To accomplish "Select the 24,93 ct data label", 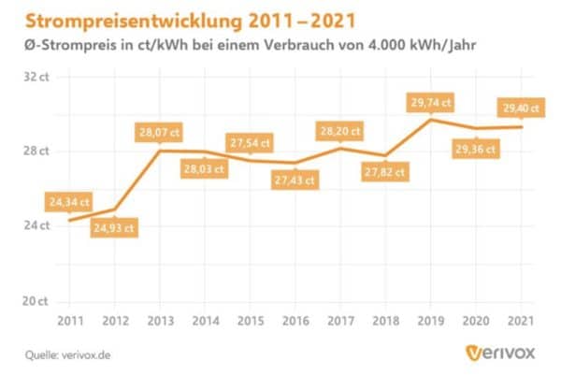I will click(x=114, y=227).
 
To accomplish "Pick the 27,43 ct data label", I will click(x=295, y=179).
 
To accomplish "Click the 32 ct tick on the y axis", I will click(x=36, y=77).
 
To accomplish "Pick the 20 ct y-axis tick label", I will click(x=36, y=301).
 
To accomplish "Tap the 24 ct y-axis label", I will click(x=36, y=225).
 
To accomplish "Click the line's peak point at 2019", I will click(x=430, y=119).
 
